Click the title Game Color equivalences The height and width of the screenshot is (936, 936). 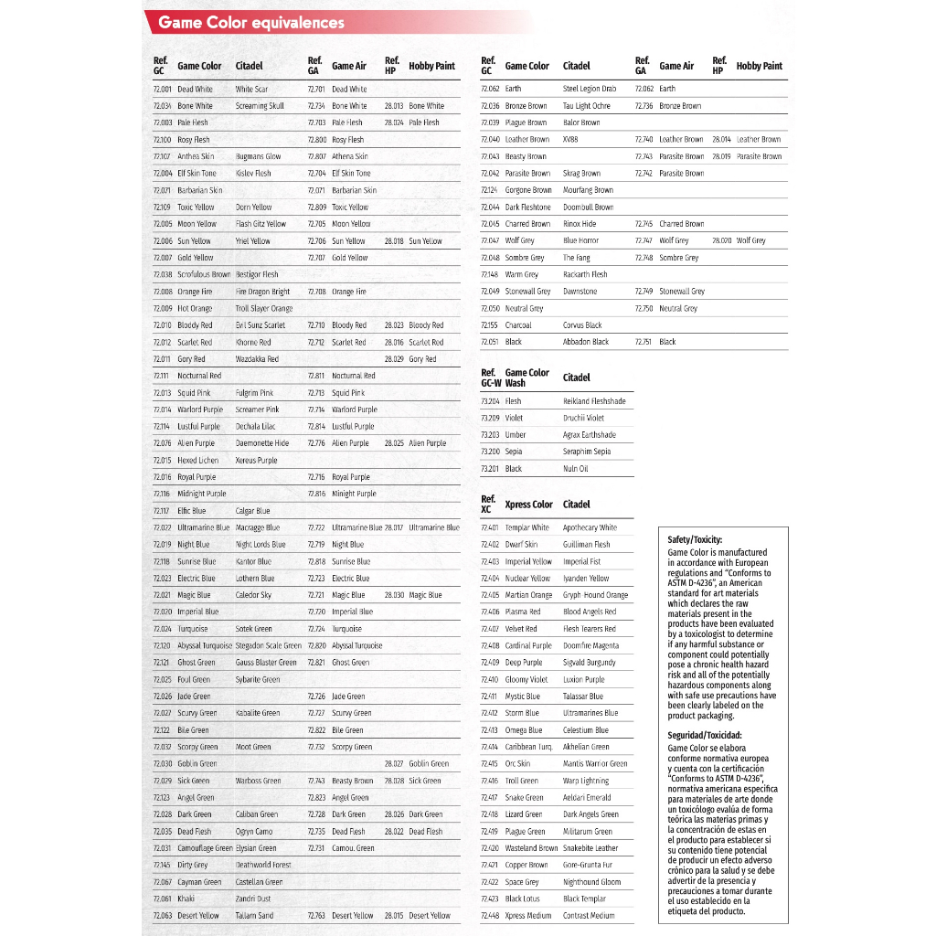click(251, 23)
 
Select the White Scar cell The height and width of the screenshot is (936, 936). click(251, 90)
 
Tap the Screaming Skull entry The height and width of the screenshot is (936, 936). click(260, 106)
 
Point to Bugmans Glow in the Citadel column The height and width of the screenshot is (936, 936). click(258, 156)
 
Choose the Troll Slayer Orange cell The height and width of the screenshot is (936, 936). click(264, 309)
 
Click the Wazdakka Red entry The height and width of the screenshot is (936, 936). click(257, 359)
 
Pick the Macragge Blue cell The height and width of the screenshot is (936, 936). click(258, 527)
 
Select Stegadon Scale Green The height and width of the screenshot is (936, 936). click(268, 645)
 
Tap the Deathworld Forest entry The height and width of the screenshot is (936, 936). click(263, 865)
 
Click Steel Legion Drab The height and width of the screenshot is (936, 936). click(590, 89)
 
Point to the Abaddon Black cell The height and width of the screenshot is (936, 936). click(586, 342)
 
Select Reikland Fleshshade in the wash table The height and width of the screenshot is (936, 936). click(594, 401)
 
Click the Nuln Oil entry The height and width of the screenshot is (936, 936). click(576, 469)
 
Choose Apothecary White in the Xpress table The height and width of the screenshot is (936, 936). click(590, 527)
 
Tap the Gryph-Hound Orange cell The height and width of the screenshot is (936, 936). click(595, 595)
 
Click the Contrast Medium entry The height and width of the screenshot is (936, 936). click(589, 915)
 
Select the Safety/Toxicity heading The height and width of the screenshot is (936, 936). click(695, 540)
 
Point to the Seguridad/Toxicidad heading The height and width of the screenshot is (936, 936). click(705, 735)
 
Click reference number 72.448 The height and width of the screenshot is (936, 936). click(490, 915)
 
